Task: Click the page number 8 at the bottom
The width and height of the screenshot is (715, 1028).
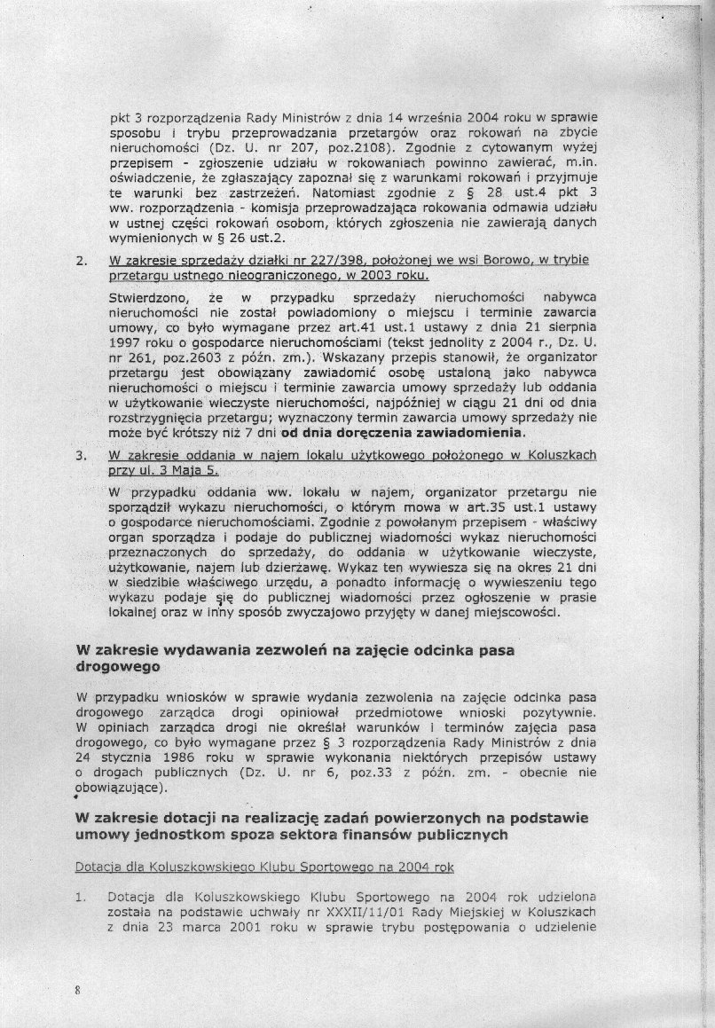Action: [79, 990]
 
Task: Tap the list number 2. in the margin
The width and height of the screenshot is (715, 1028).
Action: [81, 261]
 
